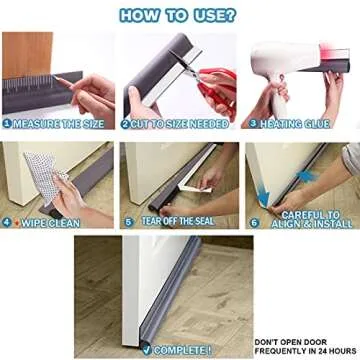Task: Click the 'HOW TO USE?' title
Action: (x=180, y=14)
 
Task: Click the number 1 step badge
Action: (x=8, y=125)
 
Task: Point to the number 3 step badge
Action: (x=253, y=125)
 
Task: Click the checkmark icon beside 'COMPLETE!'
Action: (x=147, y=349)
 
